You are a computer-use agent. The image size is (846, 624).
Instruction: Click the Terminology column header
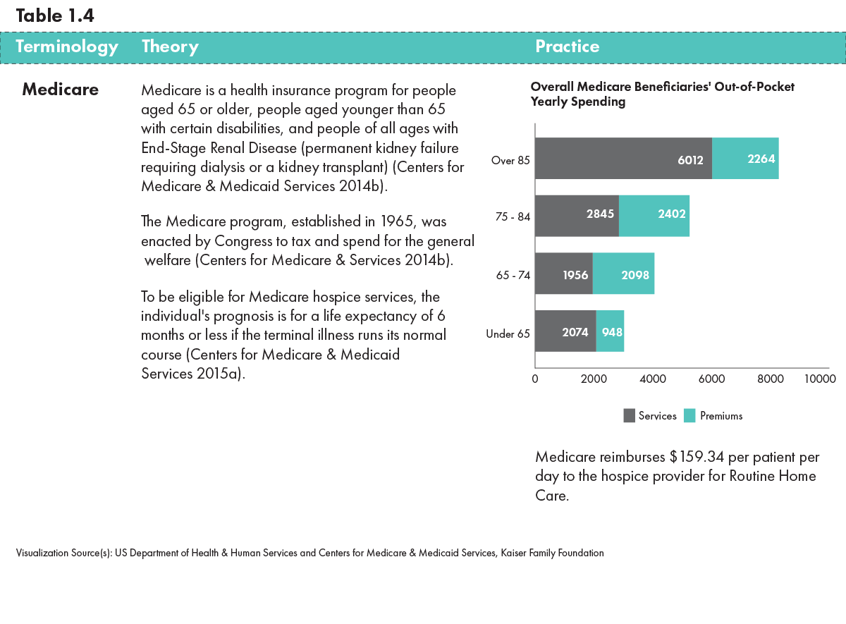66,47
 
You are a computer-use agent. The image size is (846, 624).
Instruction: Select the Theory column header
170,47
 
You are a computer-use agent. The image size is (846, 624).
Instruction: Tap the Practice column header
568,47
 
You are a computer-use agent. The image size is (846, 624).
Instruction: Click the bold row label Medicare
60,90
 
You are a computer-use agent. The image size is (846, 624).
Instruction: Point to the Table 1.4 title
55,16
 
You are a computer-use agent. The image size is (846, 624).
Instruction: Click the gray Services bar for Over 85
623,159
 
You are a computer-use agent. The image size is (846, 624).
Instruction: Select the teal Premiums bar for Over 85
745,159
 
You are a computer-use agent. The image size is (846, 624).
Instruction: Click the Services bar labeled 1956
564,274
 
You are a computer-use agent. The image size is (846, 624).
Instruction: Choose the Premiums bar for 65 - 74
623,274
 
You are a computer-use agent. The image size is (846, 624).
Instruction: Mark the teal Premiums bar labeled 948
610,331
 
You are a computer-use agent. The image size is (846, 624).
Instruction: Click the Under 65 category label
508,334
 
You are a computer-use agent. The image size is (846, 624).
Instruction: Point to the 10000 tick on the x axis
820,379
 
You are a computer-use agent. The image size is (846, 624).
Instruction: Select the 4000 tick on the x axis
653,379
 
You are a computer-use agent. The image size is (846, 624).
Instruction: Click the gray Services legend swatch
630,416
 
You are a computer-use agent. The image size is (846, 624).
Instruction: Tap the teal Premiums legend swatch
689,416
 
